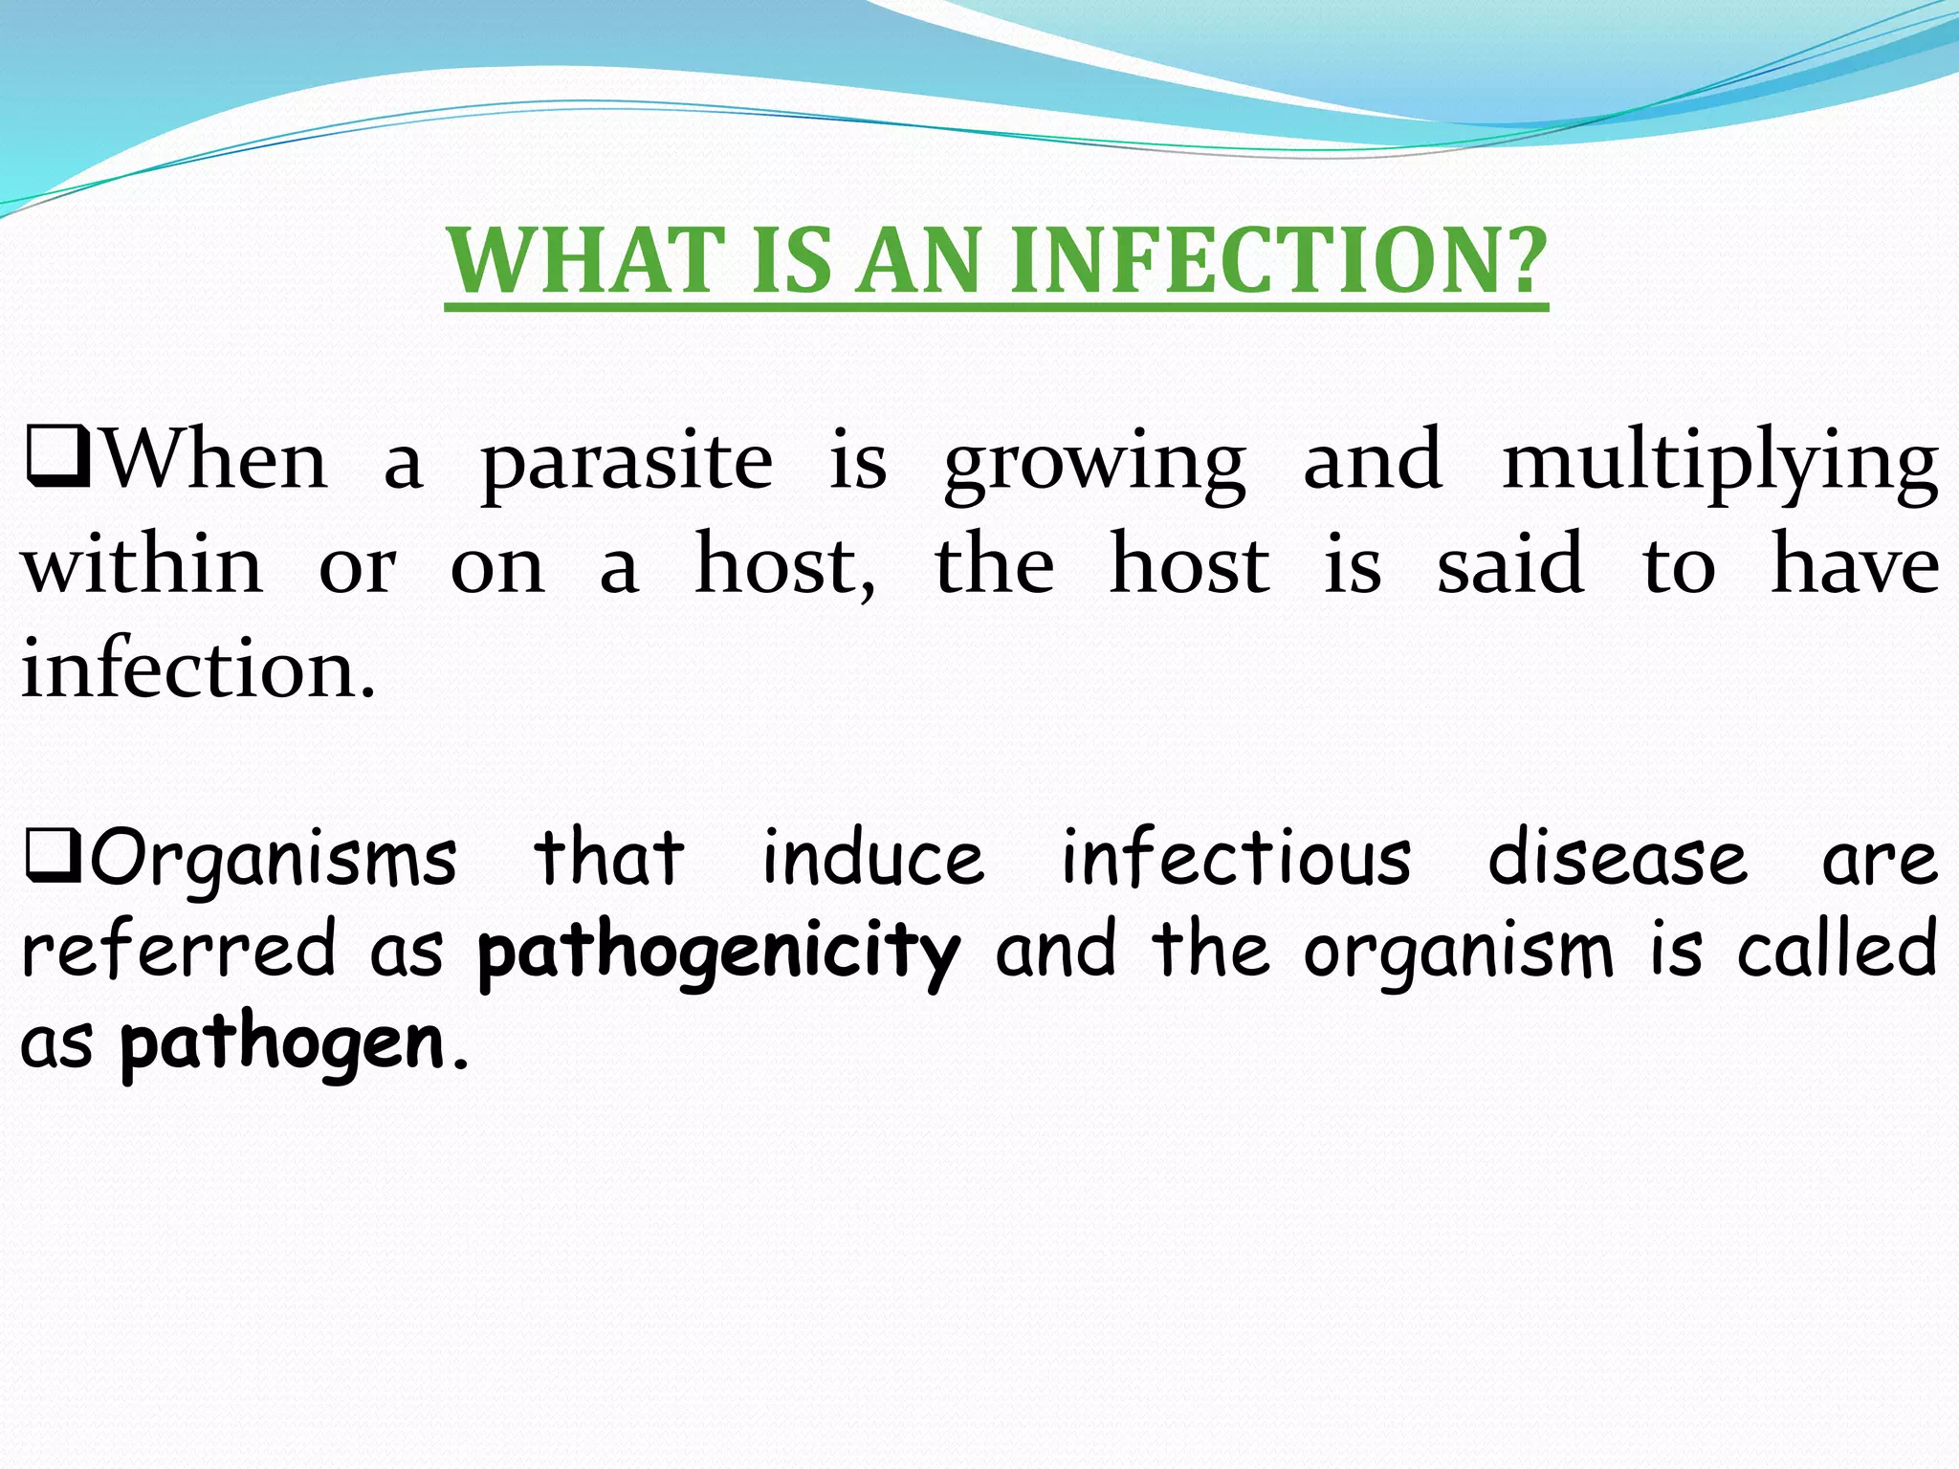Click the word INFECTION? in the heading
click(x=1279, y=260)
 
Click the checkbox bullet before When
click(x=57, y=457)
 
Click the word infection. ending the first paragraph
click(x=199, y=669)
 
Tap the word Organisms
click(x=274, y=859)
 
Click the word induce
click(x=872, y=857)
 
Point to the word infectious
click(x=1236, y=857)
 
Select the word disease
click(x=1618, y=857)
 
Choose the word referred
click(x=179, y=949)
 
